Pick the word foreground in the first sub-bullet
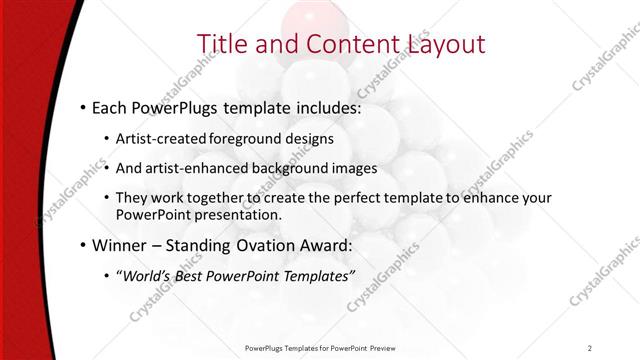click(248, 138)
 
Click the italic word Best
click(193, 275)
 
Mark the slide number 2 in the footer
click(590, 348)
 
